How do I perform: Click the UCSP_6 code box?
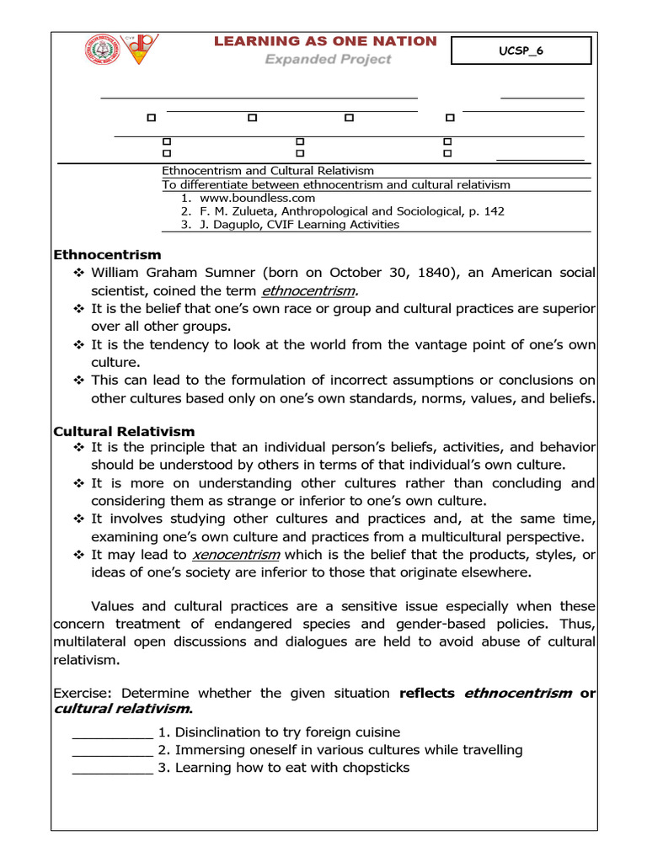[x=521, y=51]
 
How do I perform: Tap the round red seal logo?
[x=103, y=50]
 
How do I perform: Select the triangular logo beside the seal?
[x=140, y=49]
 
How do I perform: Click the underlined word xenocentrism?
[x=236, y=554]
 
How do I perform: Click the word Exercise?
[x=83, y=694]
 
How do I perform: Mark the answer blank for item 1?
[x=112, y=732]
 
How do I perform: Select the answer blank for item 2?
[x=112, y=750]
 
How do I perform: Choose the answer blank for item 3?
[x=112, y=768]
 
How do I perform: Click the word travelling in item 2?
[x=489, y=750]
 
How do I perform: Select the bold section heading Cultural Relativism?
[x=124, y=431]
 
